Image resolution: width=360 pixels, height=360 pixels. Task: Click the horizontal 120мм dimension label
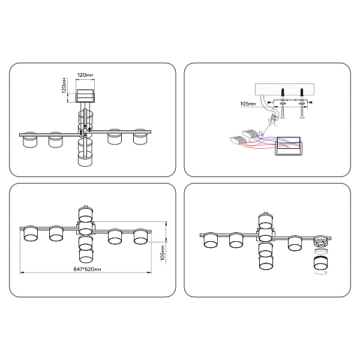(x=85, y=75)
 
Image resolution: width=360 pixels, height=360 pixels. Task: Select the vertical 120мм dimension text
(x=64, y=85)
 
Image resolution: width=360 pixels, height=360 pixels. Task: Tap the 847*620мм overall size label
(x=87, y=269)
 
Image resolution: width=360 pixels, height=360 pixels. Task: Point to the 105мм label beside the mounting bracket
(x=248, y=104)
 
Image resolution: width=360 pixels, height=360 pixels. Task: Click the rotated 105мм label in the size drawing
(x=163, y=253)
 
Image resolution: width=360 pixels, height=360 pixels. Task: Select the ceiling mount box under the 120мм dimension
(x=85, y=96)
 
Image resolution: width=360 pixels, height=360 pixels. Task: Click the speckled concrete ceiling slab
(x=284, y=89)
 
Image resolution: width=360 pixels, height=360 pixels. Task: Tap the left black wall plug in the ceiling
(x=283, y=92)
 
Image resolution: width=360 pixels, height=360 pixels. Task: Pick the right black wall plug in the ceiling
(x=302, y=92)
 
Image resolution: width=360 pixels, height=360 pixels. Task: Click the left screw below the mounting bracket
(x=283, y=113)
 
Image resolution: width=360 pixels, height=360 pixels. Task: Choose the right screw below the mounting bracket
(x=302, y=113)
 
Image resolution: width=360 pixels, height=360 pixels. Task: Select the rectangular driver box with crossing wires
(x=289, y=146)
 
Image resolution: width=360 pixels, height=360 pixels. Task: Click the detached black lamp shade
(x=321, y=263)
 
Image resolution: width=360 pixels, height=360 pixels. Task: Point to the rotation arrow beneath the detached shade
(x=320, y=272)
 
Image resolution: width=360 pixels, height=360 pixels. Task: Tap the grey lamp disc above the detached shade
(x=321, y=251)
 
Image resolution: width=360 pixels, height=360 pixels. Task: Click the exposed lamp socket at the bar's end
(x=321, y=241)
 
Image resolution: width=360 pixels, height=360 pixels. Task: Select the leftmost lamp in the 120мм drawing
(x=30, y=140)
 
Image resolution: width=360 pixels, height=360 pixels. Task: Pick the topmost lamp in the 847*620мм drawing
(x=86, y=214)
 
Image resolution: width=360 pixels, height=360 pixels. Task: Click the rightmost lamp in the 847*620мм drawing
(x=140, y=236)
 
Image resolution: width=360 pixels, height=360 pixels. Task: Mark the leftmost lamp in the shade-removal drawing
(x=211, y=240)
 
